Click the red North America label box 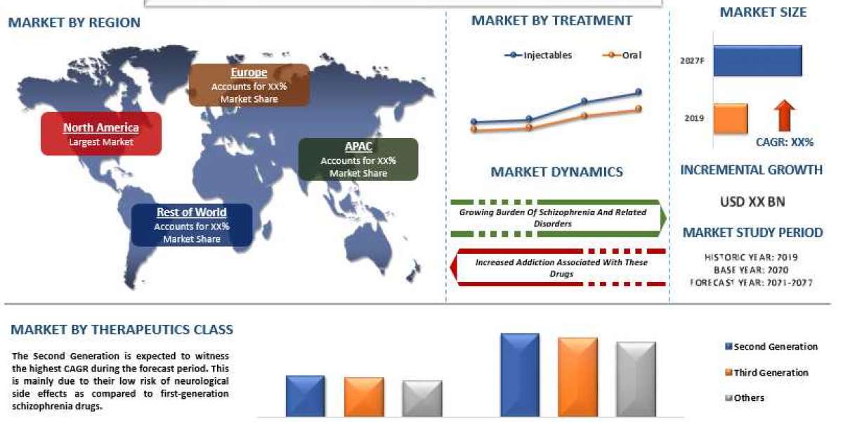[x=101, y=134]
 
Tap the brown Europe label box [x=249, y=85]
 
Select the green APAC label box [x=358, y=159]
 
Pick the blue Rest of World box [x=192, y=225]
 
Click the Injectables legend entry [x=538, y=55]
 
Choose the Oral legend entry [x=623, y=55]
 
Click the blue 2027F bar [x=757, y=61]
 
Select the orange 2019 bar [x=731, y=118]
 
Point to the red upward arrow [x=785, y=115]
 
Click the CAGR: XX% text [x=784, y=142]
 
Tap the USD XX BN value [x=752, y=202]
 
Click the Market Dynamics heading [x=556, y=172]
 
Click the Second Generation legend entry [x=771, y=347]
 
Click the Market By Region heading [x=74, y=23]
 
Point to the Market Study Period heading [x=752, y=233]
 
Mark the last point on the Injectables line [x=639, y=92]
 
